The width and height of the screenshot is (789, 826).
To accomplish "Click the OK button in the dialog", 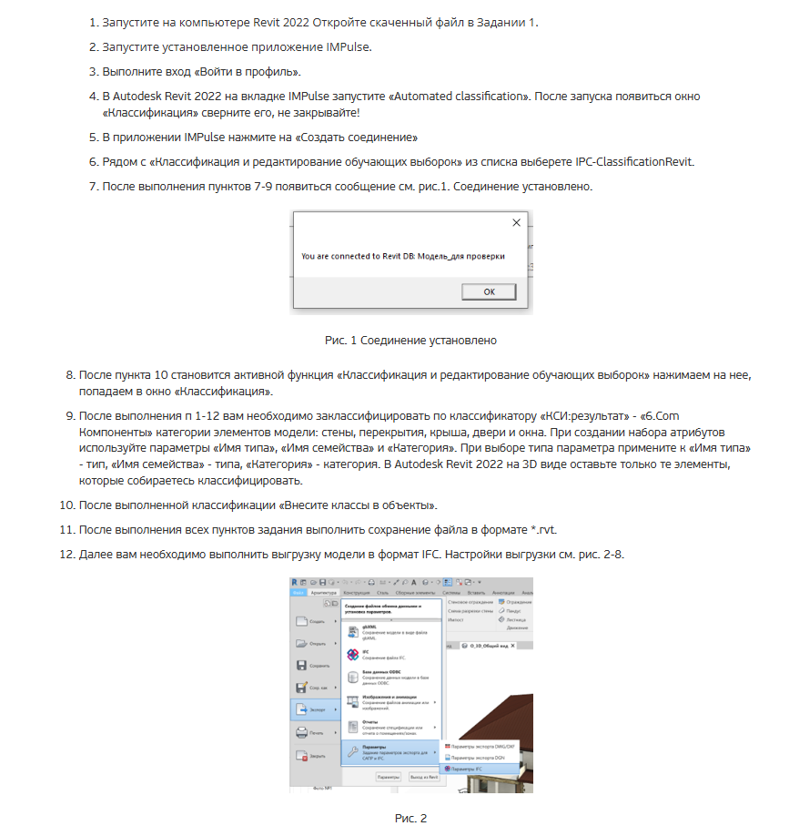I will click(x=489, y=291).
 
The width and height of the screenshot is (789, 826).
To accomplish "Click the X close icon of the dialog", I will click(x=517, y=222).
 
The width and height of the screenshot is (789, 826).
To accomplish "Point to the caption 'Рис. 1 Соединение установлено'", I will click(x=410, y=341).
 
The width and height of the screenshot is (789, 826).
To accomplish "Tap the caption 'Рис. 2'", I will click(x=410, y=818).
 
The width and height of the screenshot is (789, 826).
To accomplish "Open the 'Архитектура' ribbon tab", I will click(x=324, y=592).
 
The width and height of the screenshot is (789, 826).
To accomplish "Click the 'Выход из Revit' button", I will click(x=423, y=778).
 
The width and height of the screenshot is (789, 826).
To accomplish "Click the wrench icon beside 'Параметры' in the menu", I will click(x=352, y=752).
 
